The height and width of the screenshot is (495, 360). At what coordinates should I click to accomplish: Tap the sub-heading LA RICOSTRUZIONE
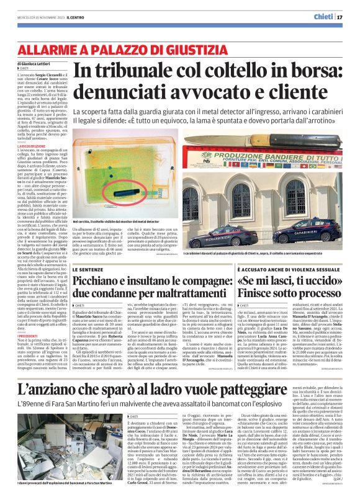coord(38,146)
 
